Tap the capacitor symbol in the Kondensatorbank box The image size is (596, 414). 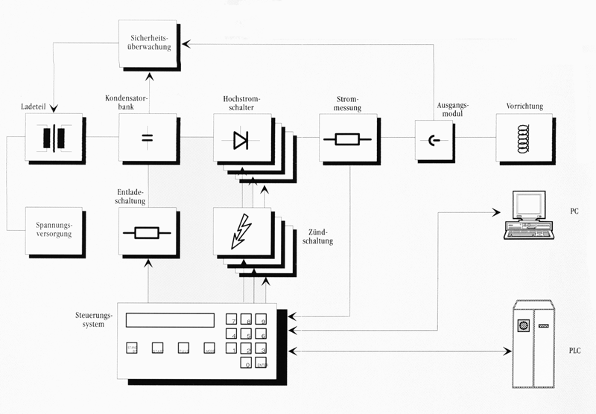click(x=148, y=138)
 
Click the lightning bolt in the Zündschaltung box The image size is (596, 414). click(x=241, y=232)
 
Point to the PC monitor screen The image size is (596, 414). click(x=527, y=206)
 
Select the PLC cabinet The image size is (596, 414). click(x=535, y=345)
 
